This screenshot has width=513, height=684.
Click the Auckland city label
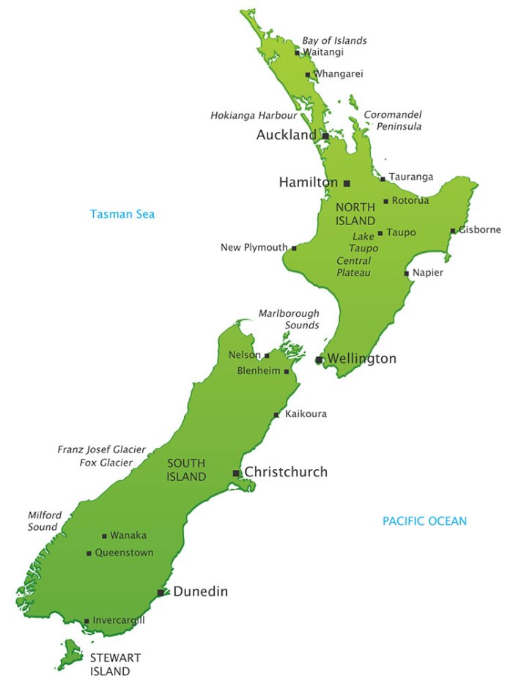(287, 136)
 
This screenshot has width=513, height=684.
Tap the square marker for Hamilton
(347, 183)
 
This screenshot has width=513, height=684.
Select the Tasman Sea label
(122, 214)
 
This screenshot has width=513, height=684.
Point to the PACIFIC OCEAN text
(424, 521)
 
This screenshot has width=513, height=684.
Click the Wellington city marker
(319, 360)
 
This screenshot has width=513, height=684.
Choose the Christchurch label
(286, 472)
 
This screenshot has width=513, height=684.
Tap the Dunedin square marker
(160, 592)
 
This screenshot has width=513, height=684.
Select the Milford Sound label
(44, 521)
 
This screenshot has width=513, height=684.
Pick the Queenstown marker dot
(89, 554)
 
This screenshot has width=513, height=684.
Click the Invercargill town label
(119, 620)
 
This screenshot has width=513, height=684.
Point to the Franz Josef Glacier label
(101, 449)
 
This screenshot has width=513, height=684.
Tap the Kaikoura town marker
(276, 415)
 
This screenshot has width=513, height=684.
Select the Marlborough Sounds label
(289, 319)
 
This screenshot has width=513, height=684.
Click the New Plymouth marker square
(294, 249)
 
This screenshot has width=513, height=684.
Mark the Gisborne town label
(480, 229)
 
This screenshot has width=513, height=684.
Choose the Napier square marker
(407, 273)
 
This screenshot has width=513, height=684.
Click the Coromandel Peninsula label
(394, 120)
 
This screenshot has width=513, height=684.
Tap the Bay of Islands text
(335, 40)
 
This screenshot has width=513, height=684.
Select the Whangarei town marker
(307, 75)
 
